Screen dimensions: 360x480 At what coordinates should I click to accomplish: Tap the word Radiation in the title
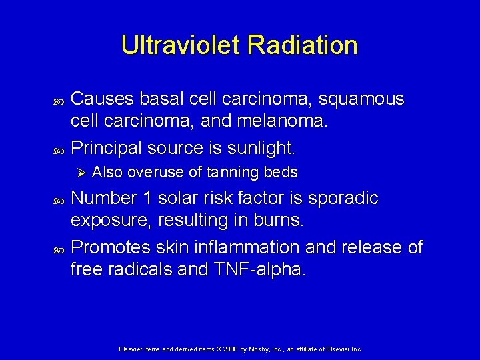click(x=302, y=45)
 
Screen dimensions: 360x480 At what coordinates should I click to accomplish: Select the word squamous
click(x=361, y=99)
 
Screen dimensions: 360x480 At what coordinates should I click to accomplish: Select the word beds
click(x=281, y=173)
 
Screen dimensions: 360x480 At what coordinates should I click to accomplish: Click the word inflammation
click(x=246, y=247)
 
